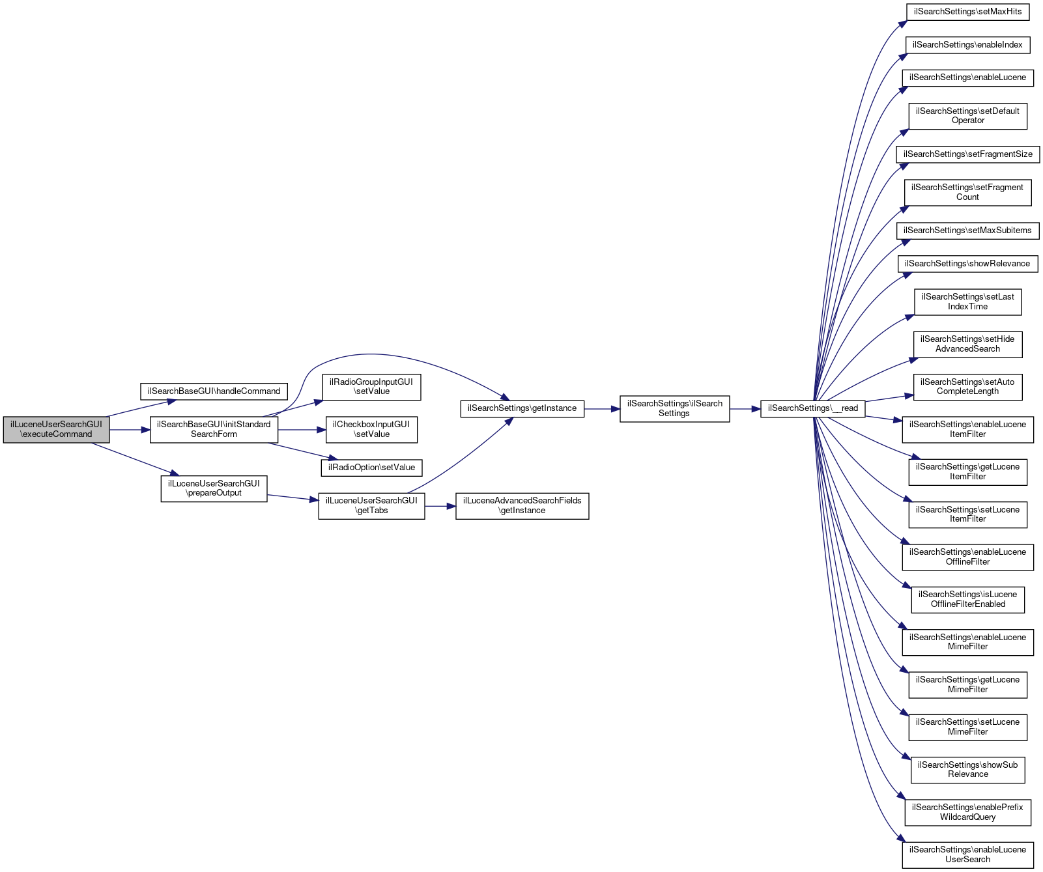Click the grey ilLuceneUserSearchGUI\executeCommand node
tap(56, 429)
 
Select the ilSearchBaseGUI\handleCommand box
tap(214, 391)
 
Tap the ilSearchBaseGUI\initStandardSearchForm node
tap(214, 429)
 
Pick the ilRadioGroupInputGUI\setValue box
tap(371, 387)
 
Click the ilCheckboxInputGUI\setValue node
tap(371, 429)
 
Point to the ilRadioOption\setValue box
tap(371, 468)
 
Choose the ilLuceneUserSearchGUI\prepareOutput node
tap(214, 488)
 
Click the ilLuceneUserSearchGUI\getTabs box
tap(371, 505)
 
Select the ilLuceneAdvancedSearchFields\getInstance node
tap(522, 505)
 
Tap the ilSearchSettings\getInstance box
tap(522, 408)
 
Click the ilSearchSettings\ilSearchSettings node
tap(674, 408)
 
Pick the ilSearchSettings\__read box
tap(812, 408)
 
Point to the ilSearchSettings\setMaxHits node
tap(967, 12)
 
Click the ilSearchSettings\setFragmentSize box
tap(967, 154)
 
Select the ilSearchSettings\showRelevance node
tap(967, 264)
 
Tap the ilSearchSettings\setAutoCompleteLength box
tap(967, 387)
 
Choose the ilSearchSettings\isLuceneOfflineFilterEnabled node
tap(967, 599)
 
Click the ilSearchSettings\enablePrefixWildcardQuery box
tap(967, 812)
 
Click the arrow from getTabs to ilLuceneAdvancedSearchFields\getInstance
tap(440, 506)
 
